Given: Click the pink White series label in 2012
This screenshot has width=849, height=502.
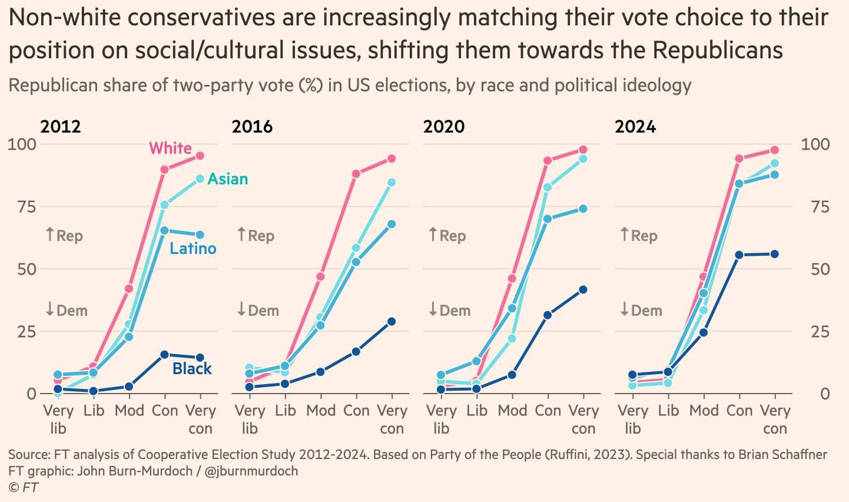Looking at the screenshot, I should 170,148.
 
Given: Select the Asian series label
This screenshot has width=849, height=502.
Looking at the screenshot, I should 227,179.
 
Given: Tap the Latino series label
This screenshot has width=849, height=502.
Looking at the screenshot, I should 193,248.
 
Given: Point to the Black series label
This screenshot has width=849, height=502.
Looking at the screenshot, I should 192,368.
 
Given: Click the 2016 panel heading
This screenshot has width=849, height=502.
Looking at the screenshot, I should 252,127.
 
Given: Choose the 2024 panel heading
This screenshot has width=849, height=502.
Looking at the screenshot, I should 635,127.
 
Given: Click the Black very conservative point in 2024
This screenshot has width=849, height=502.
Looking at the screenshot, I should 775,254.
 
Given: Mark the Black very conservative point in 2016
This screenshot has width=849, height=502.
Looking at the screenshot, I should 392,322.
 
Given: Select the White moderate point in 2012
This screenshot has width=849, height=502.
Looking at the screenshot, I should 129,289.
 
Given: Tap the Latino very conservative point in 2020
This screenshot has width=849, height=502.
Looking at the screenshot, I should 583,209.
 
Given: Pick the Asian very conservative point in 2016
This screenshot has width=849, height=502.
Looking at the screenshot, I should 392,183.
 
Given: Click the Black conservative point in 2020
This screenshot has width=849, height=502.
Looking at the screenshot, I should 548,315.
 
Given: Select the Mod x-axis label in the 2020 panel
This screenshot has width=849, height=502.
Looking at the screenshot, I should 512,410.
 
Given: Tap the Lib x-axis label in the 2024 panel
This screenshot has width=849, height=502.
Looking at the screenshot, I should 668,410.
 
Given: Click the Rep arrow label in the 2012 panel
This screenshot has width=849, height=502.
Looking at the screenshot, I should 64,236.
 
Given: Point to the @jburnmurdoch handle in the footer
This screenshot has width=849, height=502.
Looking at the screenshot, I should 251,471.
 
